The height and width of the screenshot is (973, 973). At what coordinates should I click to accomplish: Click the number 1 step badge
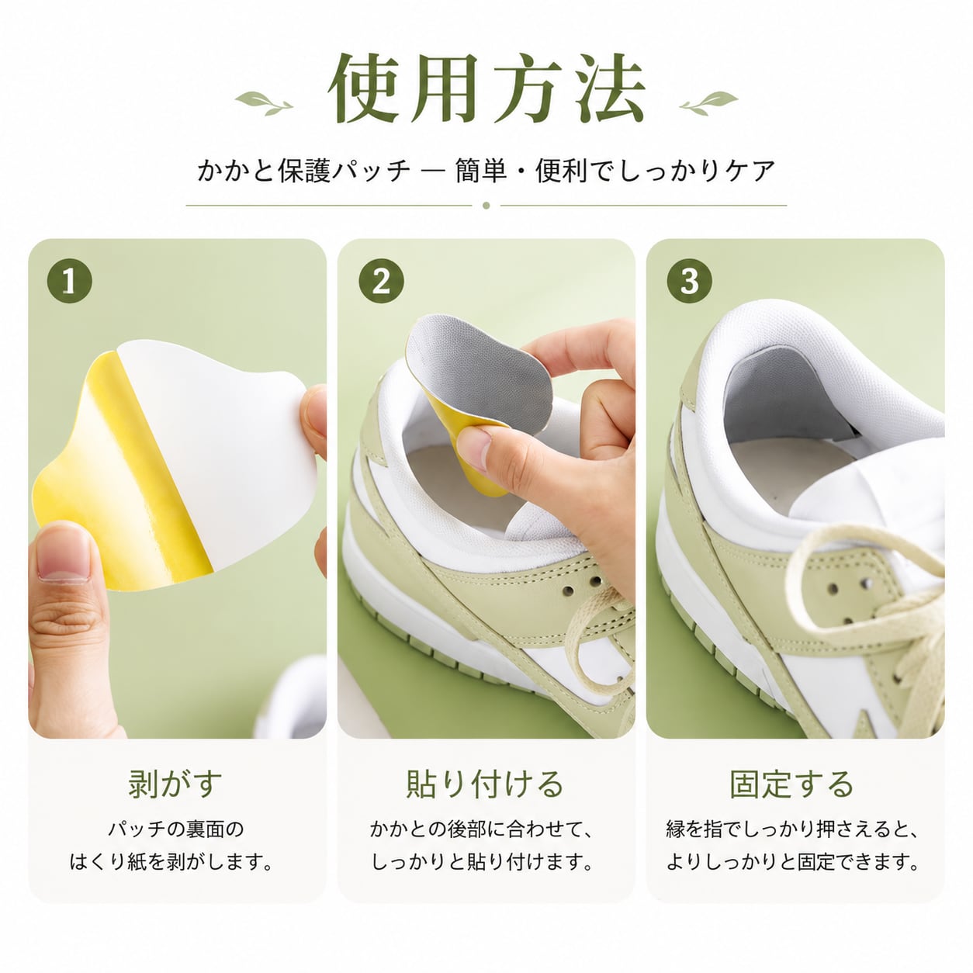69,281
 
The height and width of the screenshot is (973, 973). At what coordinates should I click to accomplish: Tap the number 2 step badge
381,281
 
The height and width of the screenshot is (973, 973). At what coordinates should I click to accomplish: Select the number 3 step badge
689,281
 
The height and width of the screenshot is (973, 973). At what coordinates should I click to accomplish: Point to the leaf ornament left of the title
264,103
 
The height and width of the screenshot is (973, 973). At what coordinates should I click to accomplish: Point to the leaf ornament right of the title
709,103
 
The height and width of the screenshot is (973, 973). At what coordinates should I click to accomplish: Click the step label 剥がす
175,784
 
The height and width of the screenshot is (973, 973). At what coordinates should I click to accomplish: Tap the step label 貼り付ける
486,784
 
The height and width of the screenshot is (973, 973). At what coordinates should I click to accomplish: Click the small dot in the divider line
486,206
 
